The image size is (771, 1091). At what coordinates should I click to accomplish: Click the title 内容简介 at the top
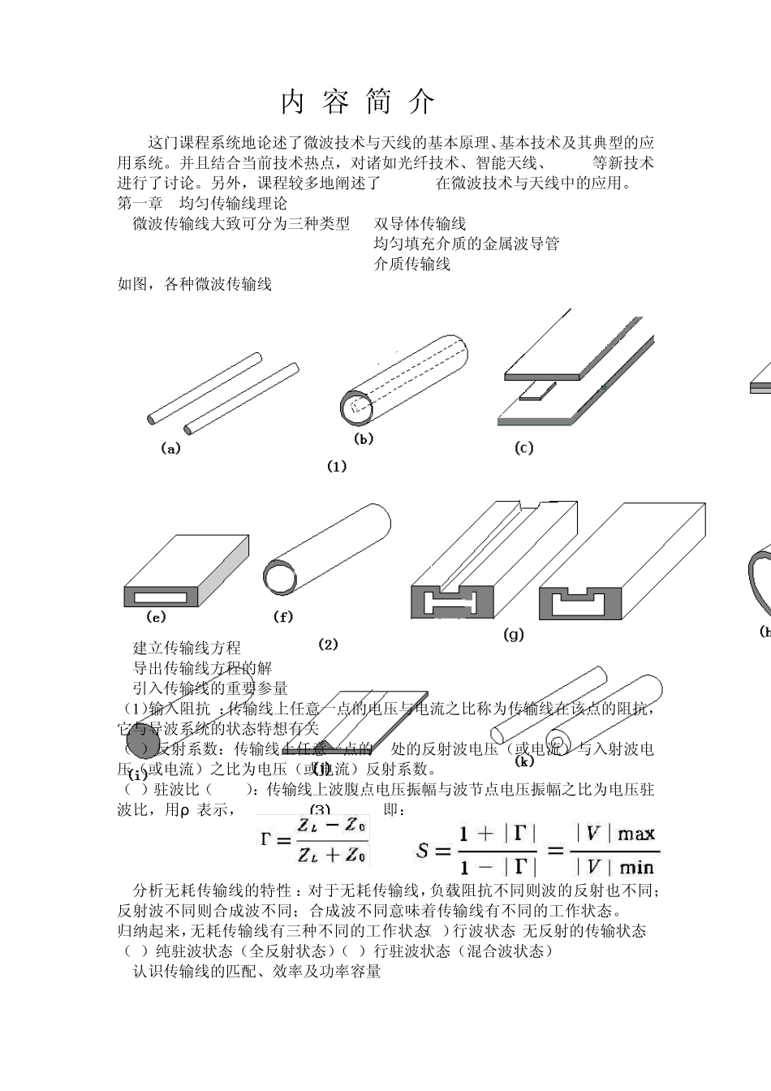[358, 102]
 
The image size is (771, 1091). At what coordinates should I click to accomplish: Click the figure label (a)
[171, 448]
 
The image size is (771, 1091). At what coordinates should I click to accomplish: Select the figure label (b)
[364, 438]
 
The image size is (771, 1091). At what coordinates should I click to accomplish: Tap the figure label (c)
[524, 447]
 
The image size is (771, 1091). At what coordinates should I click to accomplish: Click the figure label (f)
[282, 617]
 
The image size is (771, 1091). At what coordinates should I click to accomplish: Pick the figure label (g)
[514, 634]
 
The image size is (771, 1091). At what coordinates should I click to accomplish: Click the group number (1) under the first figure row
[337, 466]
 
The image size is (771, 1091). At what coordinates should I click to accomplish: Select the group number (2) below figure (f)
[328, 645]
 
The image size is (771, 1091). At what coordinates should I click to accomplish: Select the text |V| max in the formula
[615, 834]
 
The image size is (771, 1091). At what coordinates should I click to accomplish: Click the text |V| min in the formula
[615, 867]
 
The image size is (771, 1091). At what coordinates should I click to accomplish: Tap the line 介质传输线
[411, 264]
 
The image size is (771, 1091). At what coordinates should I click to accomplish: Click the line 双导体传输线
[420, 223]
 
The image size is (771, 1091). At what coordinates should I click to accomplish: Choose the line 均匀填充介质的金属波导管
[466, 244]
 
